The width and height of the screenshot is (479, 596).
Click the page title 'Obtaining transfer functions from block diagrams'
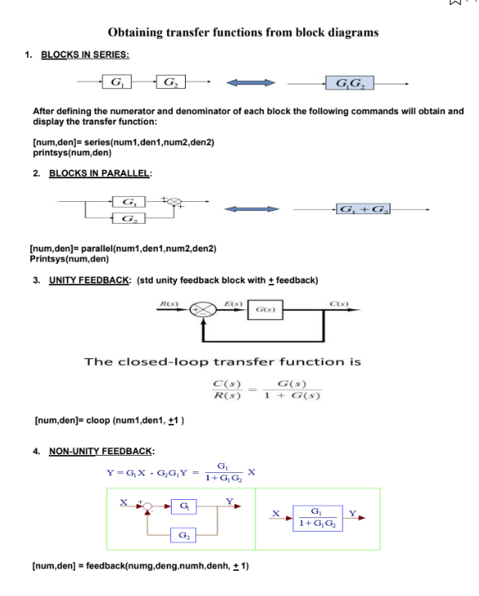coord(243,33)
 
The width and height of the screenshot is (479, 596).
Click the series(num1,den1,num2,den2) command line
coord(122,142)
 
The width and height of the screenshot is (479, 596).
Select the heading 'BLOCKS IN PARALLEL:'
coord(101,173)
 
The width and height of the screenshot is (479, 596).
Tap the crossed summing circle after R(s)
coord(199,309)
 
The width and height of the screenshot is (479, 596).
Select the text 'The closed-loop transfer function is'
coord(222,362)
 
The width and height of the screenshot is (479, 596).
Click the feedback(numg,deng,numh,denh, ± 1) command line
coord(139,563)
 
